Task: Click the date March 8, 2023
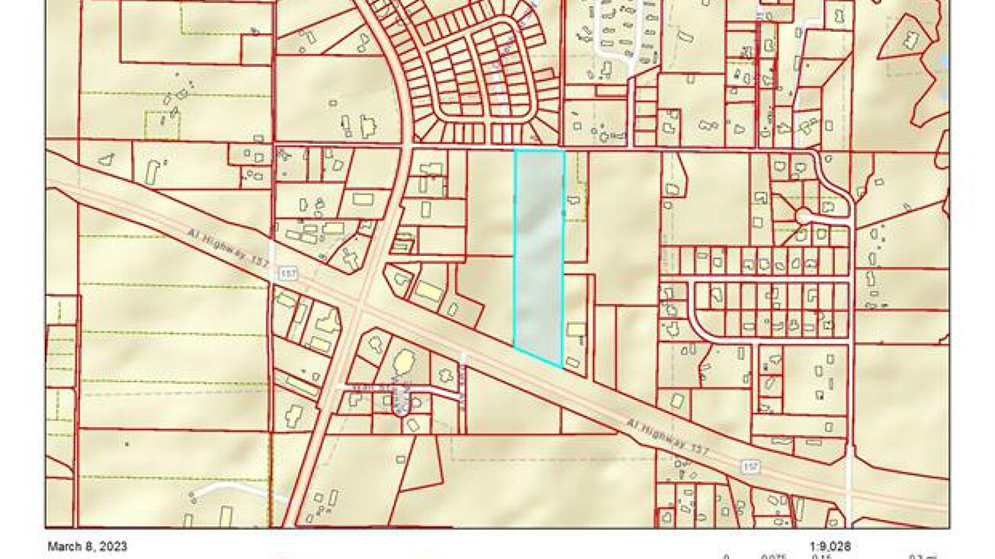87,546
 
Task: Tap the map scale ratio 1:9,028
830,546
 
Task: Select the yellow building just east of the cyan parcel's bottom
576,330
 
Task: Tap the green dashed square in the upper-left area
162,125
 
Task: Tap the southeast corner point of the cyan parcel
562,367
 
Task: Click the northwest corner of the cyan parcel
516,150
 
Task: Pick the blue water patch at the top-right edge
945,61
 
